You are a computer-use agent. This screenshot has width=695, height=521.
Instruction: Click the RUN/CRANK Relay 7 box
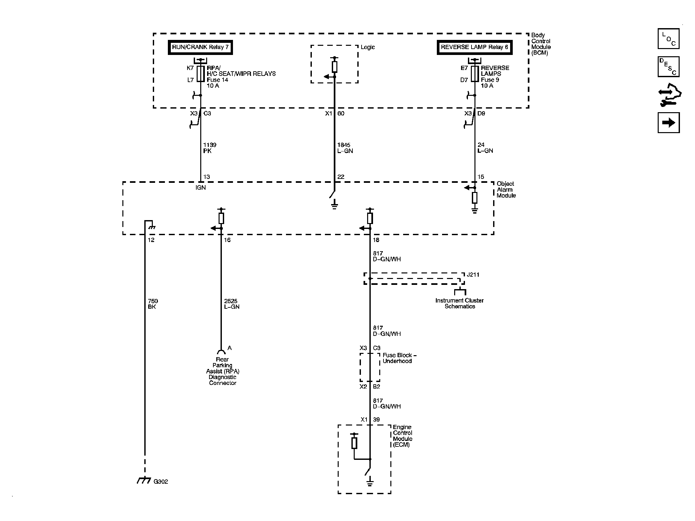[200, 47]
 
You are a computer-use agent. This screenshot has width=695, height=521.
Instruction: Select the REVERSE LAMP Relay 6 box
[474, 47]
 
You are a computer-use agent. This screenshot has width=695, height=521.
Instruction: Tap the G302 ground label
[161, 482]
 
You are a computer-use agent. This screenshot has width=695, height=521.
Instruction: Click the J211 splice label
[473, 275]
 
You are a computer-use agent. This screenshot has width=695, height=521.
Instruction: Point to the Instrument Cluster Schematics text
[459, 304]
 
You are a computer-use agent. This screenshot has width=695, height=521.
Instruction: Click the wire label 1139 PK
[209, 148]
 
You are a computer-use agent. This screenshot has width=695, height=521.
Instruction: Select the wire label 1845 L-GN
[345, 148]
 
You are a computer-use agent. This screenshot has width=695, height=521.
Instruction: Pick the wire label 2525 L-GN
[231, 304]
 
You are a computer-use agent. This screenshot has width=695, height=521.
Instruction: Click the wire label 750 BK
[152, 304]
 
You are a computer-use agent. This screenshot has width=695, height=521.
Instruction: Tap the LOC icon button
[668, 39]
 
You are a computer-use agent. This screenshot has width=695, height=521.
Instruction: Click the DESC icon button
[668, 67]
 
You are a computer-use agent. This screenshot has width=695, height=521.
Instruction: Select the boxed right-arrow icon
[668, 123]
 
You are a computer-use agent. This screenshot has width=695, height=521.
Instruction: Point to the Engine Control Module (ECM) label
[402, 436]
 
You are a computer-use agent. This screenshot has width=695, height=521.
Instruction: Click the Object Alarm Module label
[506, 190]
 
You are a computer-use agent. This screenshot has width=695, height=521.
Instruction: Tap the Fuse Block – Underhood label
[399, 358]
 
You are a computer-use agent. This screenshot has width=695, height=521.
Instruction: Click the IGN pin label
[200, 188]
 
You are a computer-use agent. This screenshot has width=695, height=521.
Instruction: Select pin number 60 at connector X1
[341, 113]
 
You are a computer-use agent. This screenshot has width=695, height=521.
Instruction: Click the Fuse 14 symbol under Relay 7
[201, 74]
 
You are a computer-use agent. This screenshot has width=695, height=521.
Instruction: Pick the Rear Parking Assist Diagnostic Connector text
[223, 371]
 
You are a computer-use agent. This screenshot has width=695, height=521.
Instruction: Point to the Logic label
[367, 47]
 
